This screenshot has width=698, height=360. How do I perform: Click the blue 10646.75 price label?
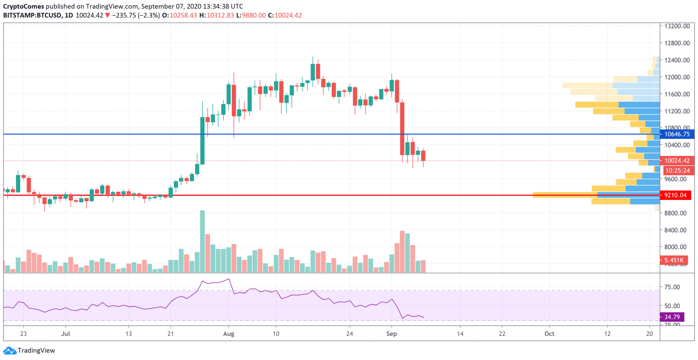click(677, 134)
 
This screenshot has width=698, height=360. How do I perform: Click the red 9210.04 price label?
click(675, 195)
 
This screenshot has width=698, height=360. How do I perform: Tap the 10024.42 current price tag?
click(677, 160)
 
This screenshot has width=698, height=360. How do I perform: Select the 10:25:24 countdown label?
click(677, 171)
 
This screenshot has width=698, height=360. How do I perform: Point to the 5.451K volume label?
click(674, 260)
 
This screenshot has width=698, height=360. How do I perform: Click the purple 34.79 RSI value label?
click(672, 317)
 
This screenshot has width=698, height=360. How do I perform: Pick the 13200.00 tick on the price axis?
click(677, 26)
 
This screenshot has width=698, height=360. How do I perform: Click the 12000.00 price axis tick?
click(677, 77)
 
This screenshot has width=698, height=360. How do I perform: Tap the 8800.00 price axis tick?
click(675, 213)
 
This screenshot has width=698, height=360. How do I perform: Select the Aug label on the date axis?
click(229, 334)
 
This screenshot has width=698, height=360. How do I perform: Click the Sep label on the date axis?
click(392, 334)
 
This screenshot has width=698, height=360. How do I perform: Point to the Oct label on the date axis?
click(549, 334)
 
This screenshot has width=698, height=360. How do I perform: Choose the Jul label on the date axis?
click(66, 334)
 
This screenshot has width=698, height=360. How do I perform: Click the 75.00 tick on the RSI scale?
click(672, 287)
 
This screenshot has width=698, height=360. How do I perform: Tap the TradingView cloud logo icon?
click(9, 351)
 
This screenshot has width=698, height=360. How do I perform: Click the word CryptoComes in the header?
click(24, 6)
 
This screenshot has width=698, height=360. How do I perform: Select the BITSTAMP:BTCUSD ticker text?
click(32, 15)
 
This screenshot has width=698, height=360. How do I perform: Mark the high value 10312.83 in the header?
click(220, 15)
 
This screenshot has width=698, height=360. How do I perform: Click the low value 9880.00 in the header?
click(254, 15)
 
